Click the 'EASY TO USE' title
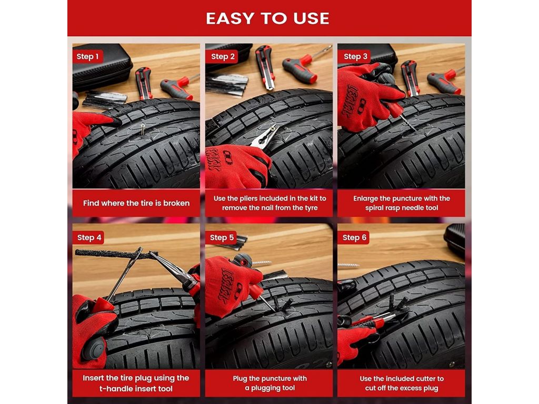(x=267, y=18)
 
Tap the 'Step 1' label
(x=88, y=56)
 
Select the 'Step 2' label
(x=223, y=56)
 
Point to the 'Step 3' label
(x=355, y=56)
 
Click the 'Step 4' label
(x=89, y=237)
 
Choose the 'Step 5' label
(x=222, y=237)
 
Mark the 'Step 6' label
(x=354, y=237)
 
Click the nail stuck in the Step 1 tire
(x=143, y=129)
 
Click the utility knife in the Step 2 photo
(x=265, y=67)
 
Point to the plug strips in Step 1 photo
(x=105, y=99)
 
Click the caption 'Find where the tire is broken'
(x=136, y=203)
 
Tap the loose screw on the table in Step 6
(x=348, y=266)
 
